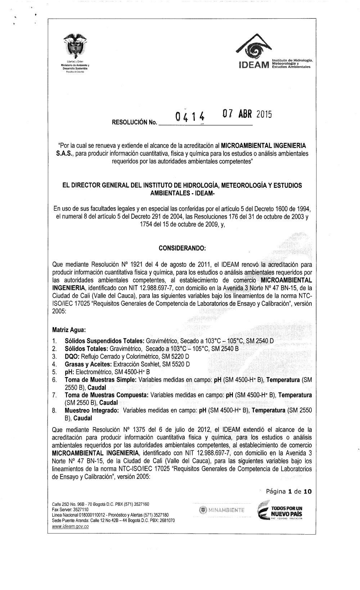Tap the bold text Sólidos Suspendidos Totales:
tap(104, 340)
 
